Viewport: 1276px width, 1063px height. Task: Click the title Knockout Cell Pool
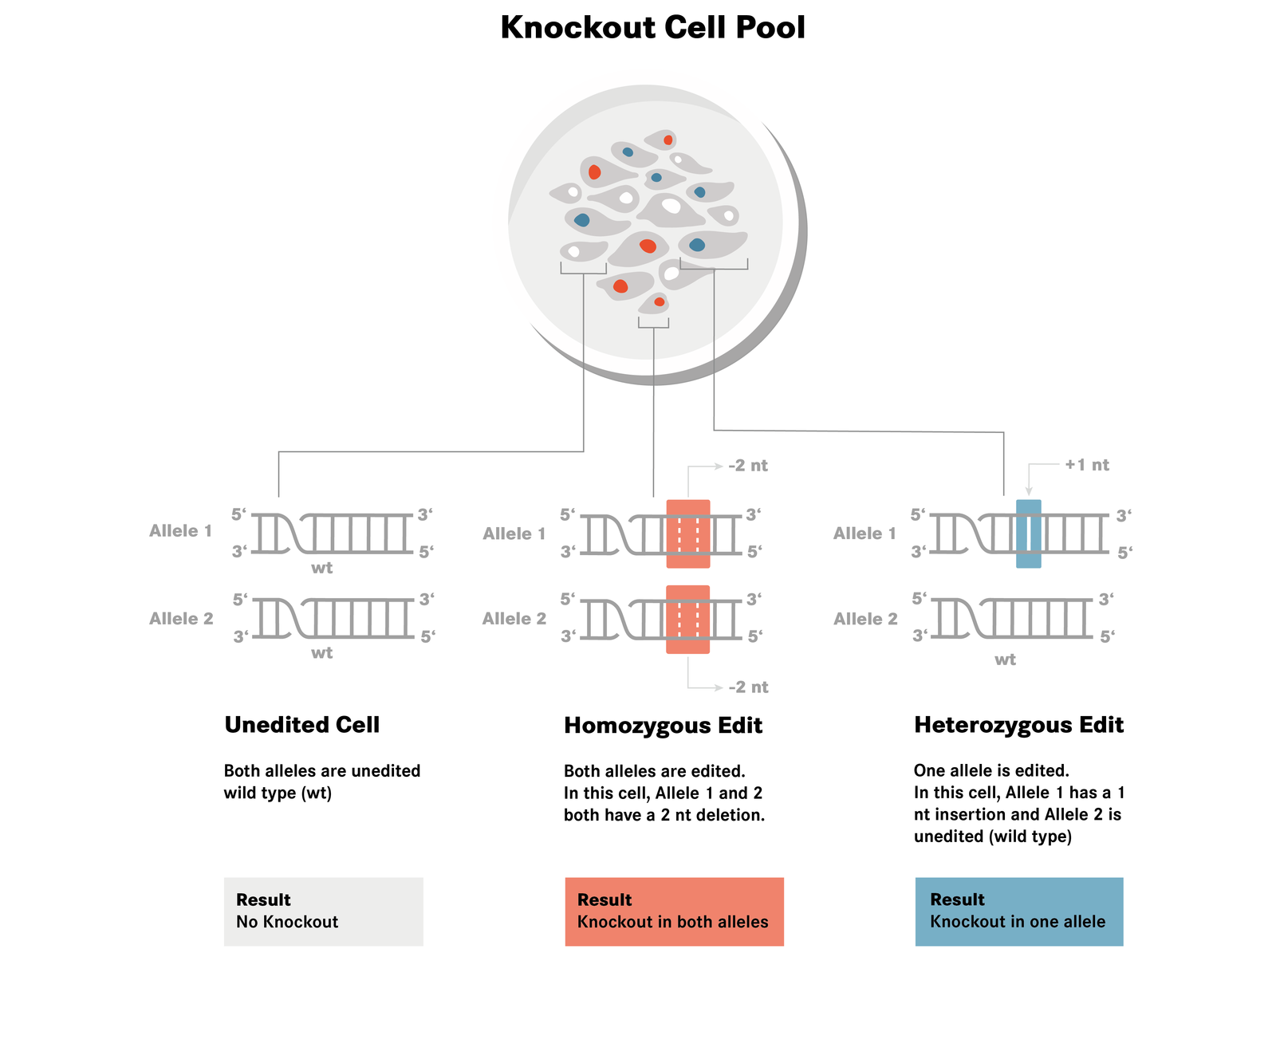(x=652, y=28)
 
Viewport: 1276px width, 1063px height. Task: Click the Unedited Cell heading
(x=301, y=725)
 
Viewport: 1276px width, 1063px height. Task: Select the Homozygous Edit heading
(x=663, y=726)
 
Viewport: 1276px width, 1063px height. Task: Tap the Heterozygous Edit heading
(x=1018, y=725)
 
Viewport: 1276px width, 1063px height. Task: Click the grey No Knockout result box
(x=323, y=911)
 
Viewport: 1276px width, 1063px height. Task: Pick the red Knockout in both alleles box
(x=674, y=911)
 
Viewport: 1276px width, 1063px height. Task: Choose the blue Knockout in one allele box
(x=1018, y=911)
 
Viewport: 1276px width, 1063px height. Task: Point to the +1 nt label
(x=1086, y=465)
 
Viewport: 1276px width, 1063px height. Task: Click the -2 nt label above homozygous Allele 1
(x=747, y=466)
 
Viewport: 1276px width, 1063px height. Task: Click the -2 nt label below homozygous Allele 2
(x=748, y=687)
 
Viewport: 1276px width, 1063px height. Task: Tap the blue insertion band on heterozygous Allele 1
(x=1028, y=533)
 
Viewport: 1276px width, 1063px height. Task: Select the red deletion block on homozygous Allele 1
(x=687, y=533)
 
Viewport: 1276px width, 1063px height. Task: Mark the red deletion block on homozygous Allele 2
(x=687, y=620)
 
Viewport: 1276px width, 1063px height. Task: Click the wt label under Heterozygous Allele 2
(x=1005, y=659)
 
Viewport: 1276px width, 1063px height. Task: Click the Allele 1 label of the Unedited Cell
(x=181, y=531)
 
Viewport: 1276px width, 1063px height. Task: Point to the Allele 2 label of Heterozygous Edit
(x=865, y=619)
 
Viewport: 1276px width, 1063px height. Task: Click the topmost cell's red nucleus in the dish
(x=668, y=140)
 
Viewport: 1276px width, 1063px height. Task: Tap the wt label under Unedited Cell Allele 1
(x=321, y=568)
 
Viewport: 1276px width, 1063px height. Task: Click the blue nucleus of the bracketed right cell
(x=697, y=245)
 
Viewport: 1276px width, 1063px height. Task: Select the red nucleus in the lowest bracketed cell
(x=659, y=302)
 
